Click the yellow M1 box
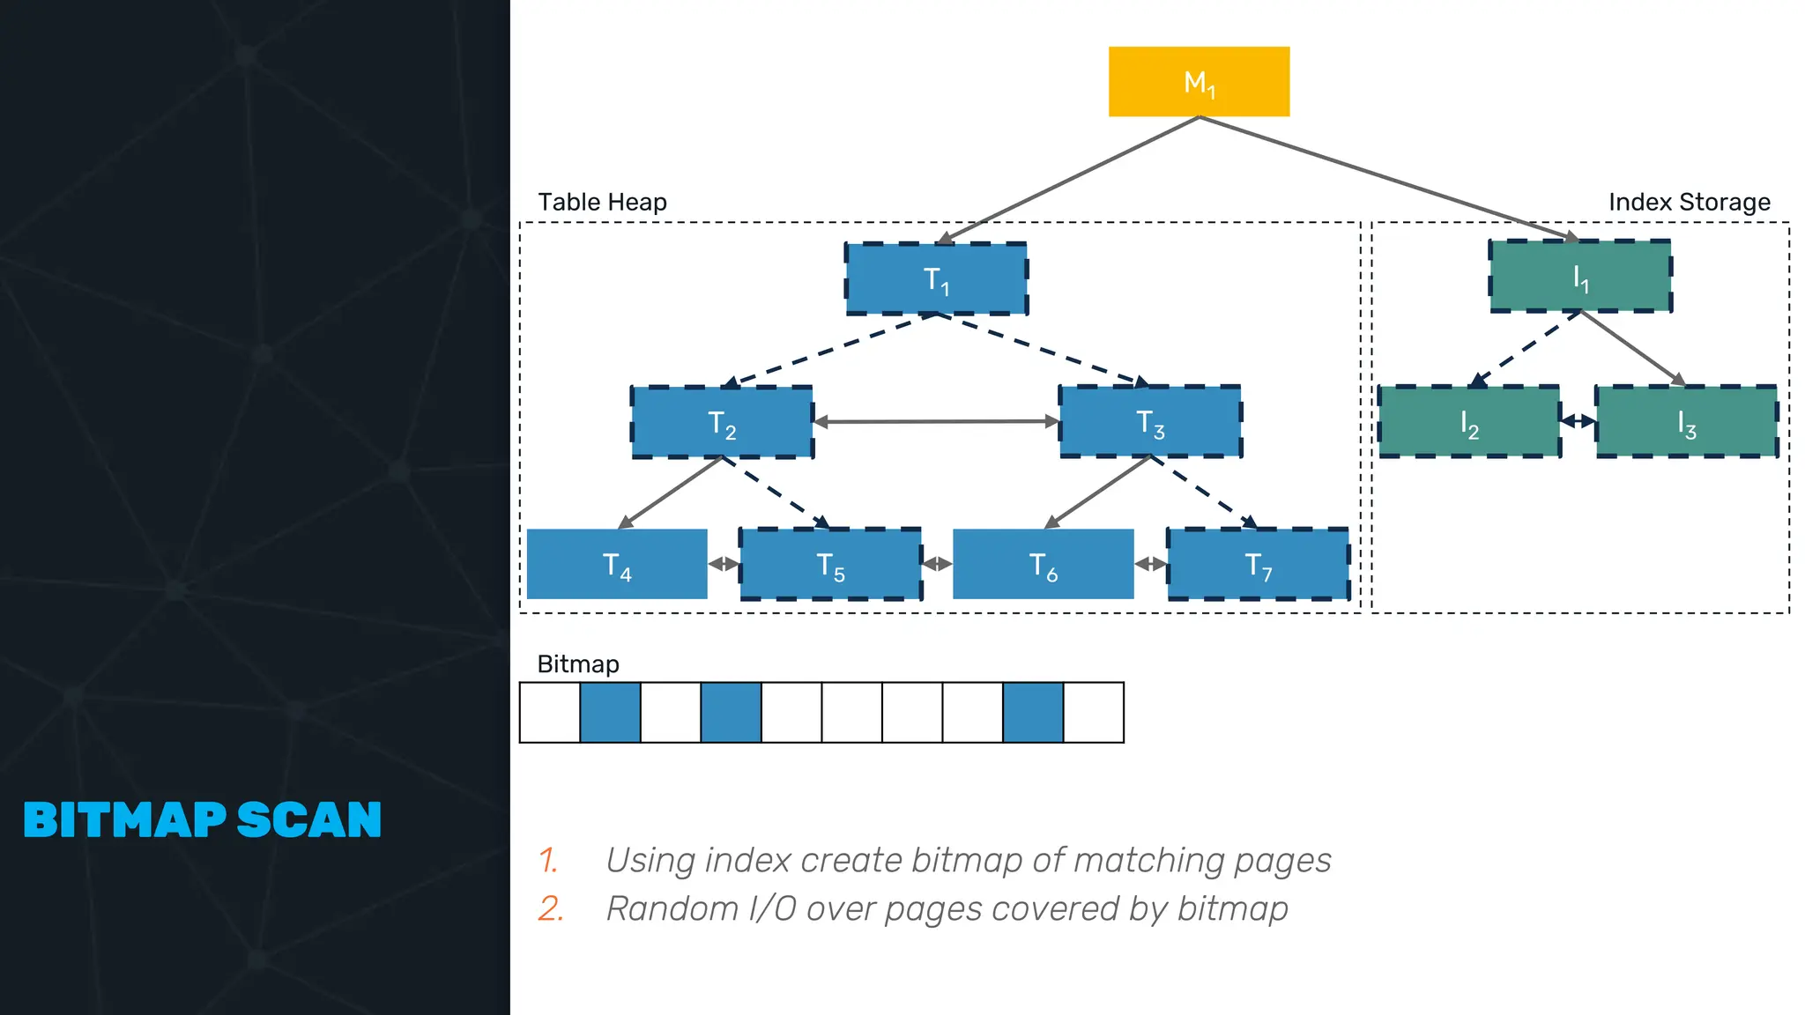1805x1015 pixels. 1199,82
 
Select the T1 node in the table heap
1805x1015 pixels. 936,278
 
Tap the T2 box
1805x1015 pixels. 722,422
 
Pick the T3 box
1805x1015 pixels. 1150,421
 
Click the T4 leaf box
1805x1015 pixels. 617,564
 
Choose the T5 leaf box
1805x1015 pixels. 830,564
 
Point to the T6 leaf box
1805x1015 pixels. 1044,564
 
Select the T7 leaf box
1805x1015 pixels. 1258,564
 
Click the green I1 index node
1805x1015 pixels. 1580,277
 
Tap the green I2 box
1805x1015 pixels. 1469,422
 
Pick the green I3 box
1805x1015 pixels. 1686,422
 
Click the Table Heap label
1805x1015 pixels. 602,203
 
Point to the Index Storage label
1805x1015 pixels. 1689,203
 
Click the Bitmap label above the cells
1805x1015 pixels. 578,664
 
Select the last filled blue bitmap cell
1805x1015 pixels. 1033,713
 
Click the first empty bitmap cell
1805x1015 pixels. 550,713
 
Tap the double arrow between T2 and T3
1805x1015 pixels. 936,422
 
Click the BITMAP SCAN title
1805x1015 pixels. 203,820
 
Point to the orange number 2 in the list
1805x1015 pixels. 550,908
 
